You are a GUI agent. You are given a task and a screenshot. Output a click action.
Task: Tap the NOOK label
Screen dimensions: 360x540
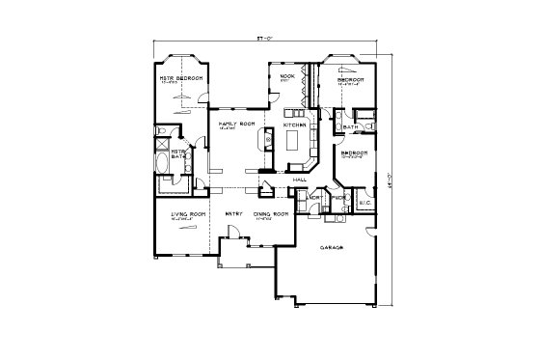(286, 75)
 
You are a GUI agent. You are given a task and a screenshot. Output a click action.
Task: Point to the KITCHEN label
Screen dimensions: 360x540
(295, 125)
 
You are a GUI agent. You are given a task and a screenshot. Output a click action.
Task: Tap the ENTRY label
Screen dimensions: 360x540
(233, 213)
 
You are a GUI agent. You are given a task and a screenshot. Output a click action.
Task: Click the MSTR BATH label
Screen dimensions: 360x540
(178, 154)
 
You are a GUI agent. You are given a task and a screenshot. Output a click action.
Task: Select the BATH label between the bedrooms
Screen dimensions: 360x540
(351, 126)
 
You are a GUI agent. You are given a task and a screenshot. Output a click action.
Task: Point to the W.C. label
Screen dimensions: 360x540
(364, 203)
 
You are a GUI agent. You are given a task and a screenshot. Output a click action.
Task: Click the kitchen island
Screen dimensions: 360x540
(294, 143)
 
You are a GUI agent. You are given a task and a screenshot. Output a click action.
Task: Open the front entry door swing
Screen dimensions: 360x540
(231, 232)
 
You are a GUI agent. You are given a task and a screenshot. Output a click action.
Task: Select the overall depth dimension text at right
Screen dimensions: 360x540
(391, 174)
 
